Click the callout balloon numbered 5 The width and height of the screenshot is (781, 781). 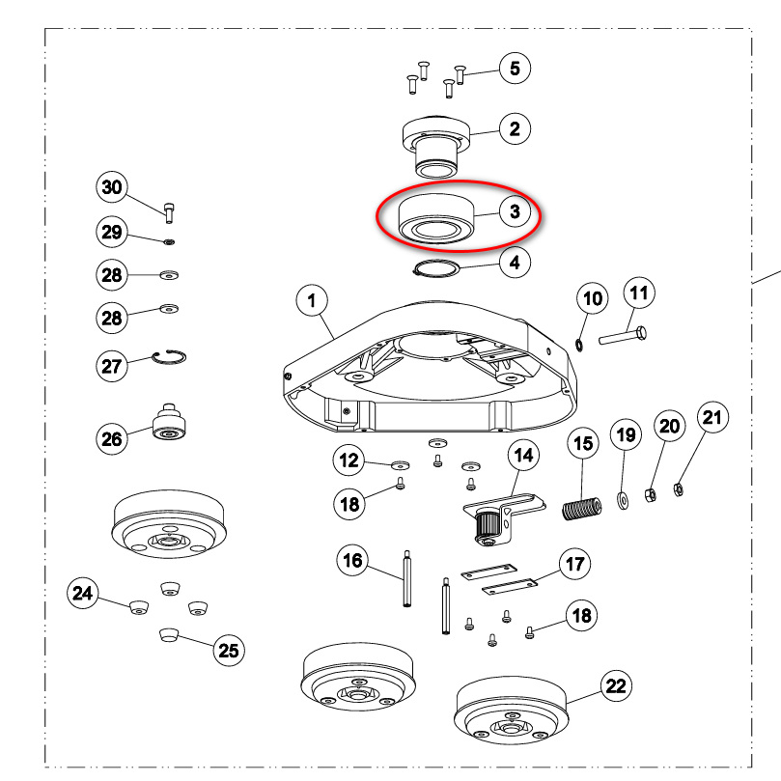click(x=515, y=69)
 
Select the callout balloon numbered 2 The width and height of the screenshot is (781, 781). click(x=515, y=129)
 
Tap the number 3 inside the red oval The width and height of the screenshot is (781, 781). click(x=515, y=211)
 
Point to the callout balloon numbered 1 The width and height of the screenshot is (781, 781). click(x=312, y=301)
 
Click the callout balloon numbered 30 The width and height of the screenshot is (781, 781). click(x=112, y=187)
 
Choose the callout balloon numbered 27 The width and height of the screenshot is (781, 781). click(x=112, y=366)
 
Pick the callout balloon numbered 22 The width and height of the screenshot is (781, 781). click(x=616, y=685)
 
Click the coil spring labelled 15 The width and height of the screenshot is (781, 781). click(x=582, y=509)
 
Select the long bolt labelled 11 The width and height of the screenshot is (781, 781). click(x=623, y=335)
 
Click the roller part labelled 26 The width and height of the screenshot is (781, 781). click(x=169, y=423)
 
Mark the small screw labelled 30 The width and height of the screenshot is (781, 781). click(x=169, y=212)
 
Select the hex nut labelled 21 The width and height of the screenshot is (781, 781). click(x=678, y=489)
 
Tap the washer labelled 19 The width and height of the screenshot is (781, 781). click(x=623, y=499)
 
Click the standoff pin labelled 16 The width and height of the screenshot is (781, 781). click(x=407, y=578)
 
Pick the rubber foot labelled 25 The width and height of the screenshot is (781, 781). click(x=169, y=634)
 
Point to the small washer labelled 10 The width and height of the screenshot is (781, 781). click(x=580, y=345)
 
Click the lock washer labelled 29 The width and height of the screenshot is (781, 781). click(x=169, y=242)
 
